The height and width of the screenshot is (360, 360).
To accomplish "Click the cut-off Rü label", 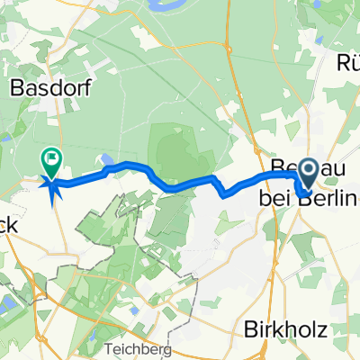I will [346, 61].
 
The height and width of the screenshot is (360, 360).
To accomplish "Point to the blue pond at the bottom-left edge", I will [7, 307].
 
